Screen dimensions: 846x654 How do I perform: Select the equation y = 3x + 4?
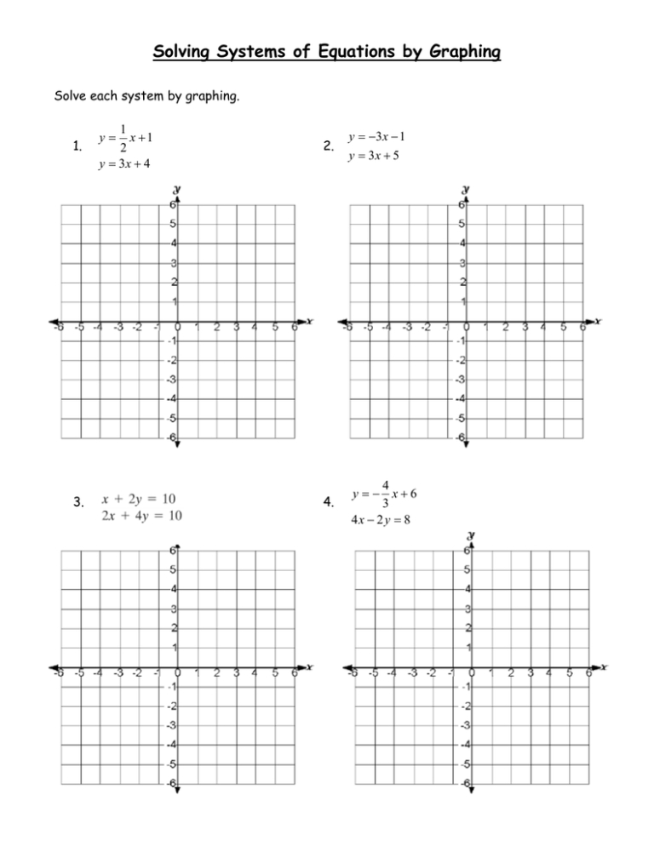tap(123, 164)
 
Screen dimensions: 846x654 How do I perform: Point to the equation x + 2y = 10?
tap(140, 498)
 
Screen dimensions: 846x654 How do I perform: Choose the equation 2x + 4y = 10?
tap(140, 514)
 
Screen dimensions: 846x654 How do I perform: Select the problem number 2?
tap(330, 147)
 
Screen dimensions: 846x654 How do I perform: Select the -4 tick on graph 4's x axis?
tap(391, 673)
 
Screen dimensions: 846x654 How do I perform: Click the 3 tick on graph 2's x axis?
tap(525, 326)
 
